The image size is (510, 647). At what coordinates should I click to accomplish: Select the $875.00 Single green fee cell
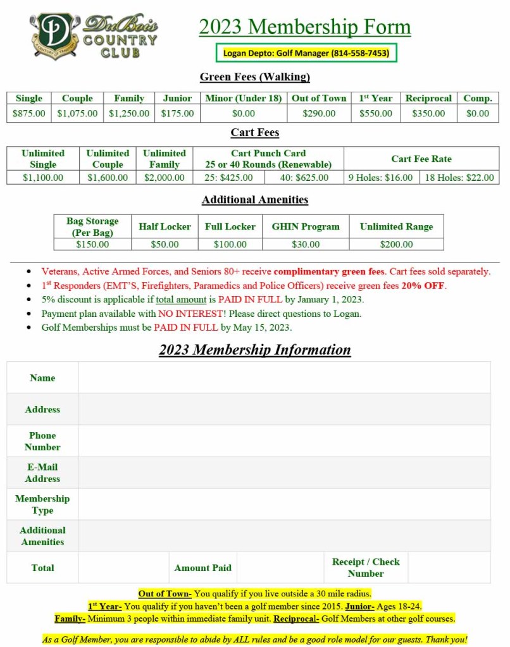click(x=29, y=114)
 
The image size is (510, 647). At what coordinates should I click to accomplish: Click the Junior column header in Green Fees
click(x=177, y=98)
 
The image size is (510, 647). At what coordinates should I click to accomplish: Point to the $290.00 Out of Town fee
click(x=319, y=114)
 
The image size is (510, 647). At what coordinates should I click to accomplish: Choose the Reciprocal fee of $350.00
click(x=428, y=114)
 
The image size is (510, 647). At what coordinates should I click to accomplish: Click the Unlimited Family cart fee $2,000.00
click(x=165, y=178)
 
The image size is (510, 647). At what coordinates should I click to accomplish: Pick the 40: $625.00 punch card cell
click(x=304, y=178)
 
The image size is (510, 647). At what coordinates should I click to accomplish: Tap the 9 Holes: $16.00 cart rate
click(x=382, y=178)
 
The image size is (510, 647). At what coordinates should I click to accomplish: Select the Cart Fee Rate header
click(x=421, y=159)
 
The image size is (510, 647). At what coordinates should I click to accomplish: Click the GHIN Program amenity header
click(x=306, y=226)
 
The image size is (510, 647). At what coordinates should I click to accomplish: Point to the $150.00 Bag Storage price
click(x=92, y=244)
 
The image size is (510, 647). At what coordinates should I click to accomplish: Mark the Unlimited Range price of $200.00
click(x=396, y=244)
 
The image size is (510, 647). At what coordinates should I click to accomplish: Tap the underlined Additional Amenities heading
click(x=255, y=200)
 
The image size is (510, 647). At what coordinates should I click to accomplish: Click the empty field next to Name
click(x=284, y=378)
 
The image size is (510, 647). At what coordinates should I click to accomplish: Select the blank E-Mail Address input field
click(x=284, y=472)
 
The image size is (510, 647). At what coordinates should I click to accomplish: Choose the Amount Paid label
click(x=202, y=568)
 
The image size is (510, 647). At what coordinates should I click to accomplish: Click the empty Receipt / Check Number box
click(x=449, y=567)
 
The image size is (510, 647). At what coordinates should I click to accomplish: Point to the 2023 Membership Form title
click(x=305, y=27)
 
